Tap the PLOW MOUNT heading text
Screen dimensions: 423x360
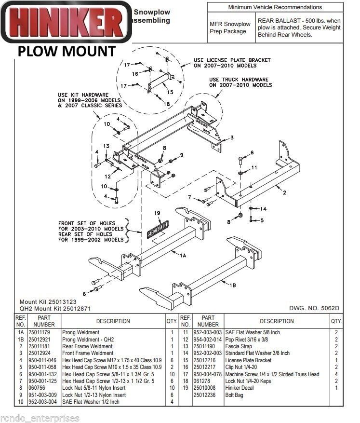coord(67,51)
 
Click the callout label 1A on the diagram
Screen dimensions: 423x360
coord(183,257)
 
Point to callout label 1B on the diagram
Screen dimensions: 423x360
coord(232,286)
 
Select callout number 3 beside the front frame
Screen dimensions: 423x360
coord(232,137)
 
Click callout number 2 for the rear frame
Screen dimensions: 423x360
coord(285,193)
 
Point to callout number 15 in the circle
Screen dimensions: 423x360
coord(170,92)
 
